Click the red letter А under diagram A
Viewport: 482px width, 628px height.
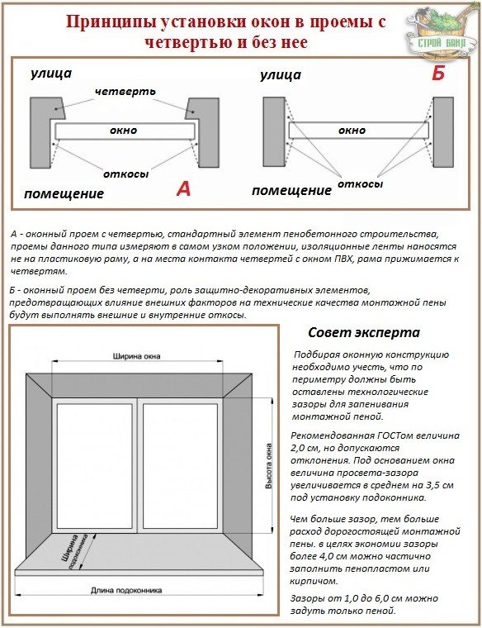coord(183,188)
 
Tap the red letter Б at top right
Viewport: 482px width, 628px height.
coord(438,74)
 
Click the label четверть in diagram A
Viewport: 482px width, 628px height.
coord(125,92)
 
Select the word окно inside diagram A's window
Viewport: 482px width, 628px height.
coord(124,131)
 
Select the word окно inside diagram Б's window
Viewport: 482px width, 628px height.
coord(352,131)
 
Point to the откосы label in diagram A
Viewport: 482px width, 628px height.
coord(126,174)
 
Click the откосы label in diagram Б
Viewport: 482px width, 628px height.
coord(361,183)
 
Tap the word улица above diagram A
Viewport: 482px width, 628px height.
coord(51,74)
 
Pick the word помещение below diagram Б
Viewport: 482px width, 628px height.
coord(291,191)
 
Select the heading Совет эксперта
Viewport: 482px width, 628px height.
coord(364,332)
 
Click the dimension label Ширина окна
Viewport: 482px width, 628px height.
coord(136,355)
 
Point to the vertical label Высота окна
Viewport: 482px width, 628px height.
coord(269,466)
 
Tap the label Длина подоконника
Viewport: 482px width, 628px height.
coord(126,590)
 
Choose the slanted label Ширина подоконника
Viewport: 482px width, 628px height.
coord(75,552)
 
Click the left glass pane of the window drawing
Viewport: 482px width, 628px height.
coord(94,467)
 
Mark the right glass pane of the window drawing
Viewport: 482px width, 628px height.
coord(181,467)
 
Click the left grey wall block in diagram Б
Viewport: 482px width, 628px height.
coord(274,131)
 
